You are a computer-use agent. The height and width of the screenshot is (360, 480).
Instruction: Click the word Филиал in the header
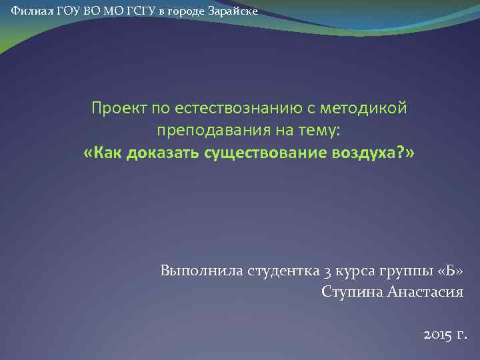(x=27, y=13)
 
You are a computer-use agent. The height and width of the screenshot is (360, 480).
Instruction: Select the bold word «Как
(x=102, y=153)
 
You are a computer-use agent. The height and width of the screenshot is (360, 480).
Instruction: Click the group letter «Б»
(x=449, y=271)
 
